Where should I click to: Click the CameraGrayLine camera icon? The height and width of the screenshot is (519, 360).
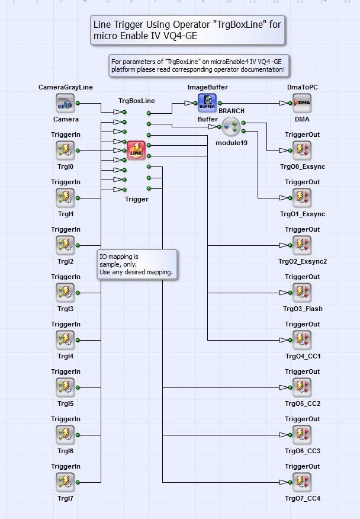65,103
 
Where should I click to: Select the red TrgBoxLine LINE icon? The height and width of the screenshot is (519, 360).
136,150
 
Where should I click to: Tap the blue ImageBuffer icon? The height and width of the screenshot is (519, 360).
207,102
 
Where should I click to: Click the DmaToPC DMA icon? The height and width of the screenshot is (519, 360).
302,103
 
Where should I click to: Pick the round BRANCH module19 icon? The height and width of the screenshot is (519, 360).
231,126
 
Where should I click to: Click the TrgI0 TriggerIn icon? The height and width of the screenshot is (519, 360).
65,150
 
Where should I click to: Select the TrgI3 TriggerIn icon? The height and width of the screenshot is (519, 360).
65,293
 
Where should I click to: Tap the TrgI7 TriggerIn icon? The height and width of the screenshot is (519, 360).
65,482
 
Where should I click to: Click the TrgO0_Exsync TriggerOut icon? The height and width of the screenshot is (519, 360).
302,150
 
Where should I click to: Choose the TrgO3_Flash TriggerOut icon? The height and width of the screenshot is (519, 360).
302,293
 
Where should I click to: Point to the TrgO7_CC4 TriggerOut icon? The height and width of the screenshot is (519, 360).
302,482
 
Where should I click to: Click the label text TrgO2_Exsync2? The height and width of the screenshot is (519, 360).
303,261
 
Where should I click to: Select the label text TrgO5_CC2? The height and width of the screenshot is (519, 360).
303,403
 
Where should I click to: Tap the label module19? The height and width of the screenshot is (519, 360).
232,143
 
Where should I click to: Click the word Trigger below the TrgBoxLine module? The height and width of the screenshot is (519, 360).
137,199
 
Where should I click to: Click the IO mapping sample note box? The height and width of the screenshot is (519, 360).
137,264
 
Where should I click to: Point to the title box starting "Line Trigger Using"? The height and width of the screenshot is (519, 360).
188,30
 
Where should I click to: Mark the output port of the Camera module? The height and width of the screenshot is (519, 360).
78,103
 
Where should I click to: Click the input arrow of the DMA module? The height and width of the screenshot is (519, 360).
284,103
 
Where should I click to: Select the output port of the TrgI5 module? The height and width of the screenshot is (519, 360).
78,387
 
